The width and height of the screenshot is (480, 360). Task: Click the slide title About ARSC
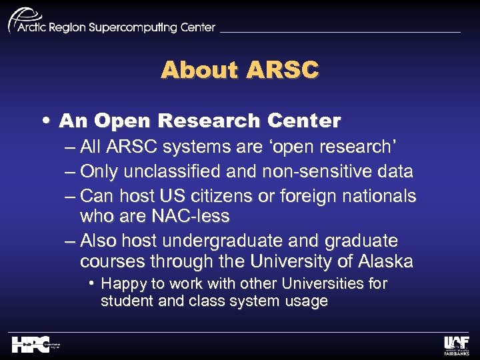point(240,69)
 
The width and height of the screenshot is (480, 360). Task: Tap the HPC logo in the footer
point(31,344)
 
